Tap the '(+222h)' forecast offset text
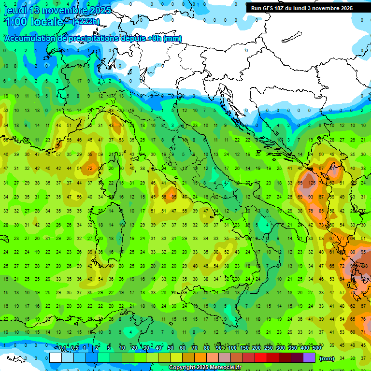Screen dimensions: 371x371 coord(86,22)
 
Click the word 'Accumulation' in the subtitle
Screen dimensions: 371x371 coord(30,38)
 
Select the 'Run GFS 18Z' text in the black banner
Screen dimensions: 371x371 coord(269,8)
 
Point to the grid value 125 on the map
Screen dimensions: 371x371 coord(312,183)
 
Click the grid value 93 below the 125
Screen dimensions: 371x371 coord(311,197)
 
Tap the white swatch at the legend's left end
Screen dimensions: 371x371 coord(56,357)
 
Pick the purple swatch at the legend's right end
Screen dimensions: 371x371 coord(309,357)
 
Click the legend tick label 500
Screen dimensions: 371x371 coord(316,348)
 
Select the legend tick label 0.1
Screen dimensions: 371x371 coord(62,348)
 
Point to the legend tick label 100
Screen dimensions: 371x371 coord(232,348)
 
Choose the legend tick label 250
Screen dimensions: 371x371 coord(269,348)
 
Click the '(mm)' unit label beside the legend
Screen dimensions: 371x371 coord(327,358)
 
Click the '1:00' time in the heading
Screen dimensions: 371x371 coord(15,22)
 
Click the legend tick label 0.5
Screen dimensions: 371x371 coord(74,348)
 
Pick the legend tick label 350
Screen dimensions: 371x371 coord(293,348)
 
